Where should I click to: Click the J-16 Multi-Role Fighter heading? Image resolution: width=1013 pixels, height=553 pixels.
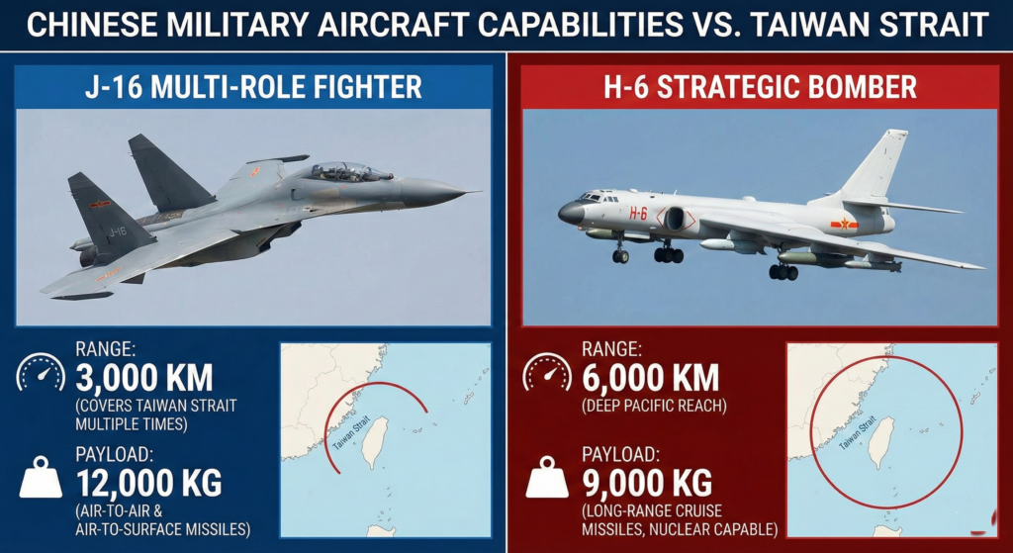pyautogui.click(x=252, y=87)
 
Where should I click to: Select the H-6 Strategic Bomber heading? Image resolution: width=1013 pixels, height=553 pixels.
pyautogui.click(x=760, y=87)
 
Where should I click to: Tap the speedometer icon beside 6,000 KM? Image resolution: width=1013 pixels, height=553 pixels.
pyautogui.click(x=547, y=374)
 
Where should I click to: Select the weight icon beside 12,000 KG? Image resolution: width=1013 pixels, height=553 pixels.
pyautogui.click(x=41, y=480)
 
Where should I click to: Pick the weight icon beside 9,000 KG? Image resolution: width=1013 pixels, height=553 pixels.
pyautogui.click(x=547, y=480)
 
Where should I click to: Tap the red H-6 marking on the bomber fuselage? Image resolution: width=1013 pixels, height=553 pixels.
pyautogui.click(x=638, y=213)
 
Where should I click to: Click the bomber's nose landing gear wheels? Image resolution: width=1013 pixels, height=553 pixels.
pyautogui.click(x=620, y=255)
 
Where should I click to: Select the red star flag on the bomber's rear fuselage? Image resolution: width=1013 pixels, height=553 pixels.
pyautogui.click(x=844, y=225)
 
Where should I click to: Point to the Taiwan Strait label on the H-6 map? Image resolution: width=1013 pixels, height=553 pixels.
pyautogui.click(x=857, y=433)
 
